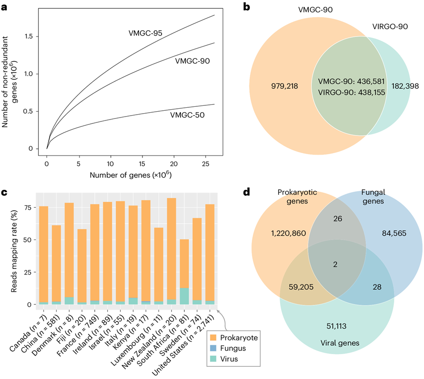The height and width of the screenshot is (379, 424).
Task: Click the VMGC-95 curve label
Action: point(141,34)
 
